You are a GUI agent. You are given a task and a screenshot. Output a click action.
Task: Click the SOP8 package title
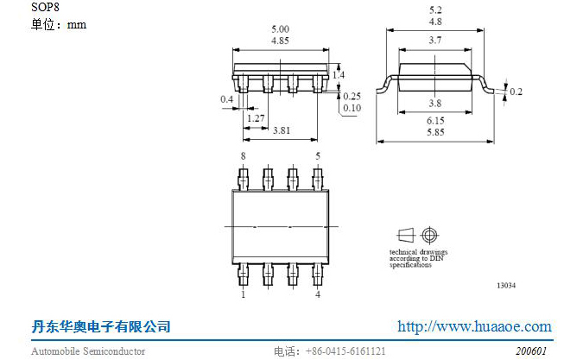(45, 7)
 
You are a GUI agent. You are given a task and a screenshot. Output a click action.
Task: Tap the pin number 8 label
(244, 156)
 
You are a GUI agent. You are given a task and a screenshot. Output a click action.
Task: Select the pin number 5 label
(318, 156)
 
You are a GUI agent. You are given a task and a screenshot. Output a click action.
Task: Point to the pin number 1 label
(244, 294)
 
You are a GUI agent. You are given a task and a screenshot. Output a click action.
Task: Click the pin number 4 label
(318, 294)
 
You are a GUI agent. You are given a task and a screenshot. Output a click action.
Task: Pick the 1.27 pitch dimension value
(256, 118)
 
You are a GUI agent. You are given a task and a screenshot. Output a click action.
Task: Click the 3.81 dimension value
(282, 130)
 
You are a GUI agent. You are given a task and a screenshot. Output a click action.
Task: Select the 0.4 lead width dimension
(227, 99)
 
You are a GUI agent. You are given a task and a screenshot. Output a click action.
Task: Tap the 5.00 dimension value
(280, 29)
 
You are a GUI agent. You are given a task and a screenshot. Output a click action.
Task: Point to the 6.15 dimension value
(435, 121)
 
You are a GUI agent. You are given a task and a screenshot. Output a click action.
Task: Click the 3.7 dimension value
(435, 40)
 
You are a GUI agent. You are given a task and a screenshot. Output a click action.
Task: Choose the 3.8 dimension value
(435, 103)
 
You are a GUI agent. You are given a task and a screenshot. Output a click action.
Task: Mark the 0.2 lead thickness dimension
(516, 92)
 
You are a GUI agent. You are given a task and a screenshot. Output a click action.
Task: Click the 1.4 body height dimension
(339, 74)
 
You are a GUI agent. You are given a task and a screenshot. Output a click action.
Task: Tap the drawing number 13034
(506, 286)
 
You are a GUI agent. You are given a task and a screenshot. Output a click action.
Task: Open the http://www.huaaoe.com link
(474, 326)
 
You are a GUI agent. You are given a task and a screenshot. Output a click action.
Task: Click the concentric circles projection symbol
(429, 235)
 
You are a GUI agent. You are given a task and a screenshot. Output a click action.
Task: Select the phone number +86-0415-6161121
(345, 351)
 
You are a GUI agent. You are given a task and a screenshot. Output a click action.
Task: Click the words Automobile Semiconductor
(88, 351)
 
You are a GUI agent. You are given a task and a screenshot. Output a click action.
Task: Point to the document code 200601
(531, 351)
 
